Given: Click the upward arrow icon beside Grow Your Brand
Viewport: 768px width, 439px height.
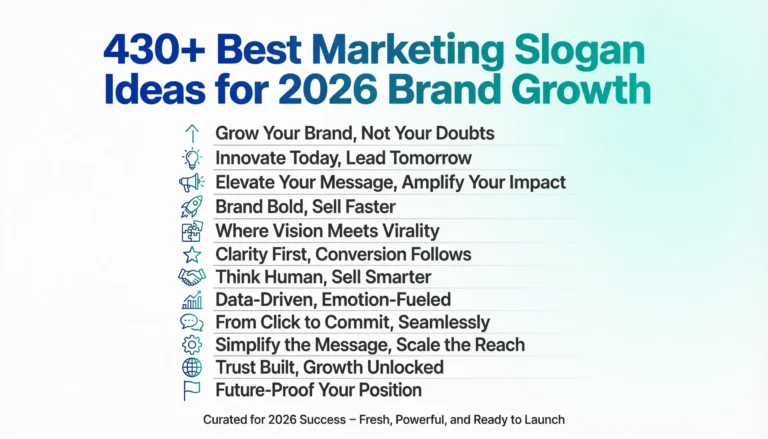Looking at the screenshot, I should pyautogui.click(x=191, y=133).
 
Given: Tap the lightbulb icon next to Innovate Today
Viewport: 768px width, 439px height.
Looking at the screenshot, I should pyautogui.click(x=191, y=158).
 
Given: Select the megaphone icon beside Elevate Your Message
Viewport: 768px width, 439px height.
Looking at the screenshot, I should pyautogui.click(x=191, y=182).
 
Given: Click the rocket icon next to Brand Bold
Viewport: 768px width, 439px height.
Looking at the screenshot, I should pyautogui.click(x=191, y=206).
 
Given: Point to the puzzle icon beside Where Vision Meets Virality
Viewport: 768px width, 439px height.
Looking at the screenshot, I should pyautogui.click(x=191, y=230).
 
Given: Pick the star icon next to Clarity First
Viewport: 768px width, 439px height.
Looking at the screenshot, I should pyautogui.click(x=191, y=254).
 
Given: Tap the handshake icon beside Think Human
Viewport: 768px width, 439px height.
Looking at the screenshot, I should pyautogui.click(x=191, y=277).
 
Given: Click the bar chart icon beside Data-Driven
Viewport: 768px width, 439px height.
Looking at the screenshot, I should pyautogui.click(x=191, y=300).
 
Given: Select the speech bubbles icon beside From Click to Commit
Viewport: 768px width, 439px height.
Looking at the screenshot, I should pyautogui.click(x=191, y=322).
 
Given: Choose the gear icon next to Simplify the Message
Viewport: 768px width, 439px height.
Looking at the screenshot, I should pyautogui.click(x=191, y=345).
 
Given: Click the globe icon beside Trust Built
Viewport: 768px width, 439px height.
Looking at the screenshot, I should pyautogui.click(x=191, y=367).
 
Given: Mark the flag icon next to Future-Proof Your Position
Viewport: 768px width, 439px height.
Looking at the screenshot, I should pyautogui.click(x=191, y=390).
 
